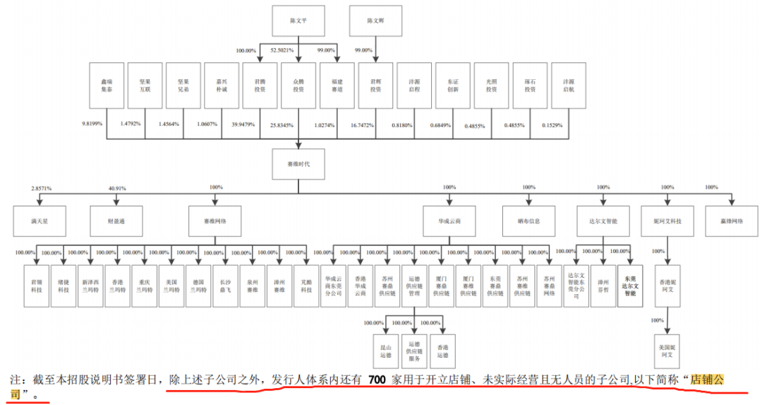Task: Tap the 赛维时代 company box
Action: click(298, 162)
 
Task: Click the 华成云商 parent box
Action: click(449, 221)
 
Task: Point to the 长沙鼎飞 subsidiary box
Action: click(226, 285)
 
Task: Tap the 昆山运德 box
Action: click(387, 346)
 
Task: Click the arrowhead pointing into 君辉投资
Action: click(375, 60)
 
